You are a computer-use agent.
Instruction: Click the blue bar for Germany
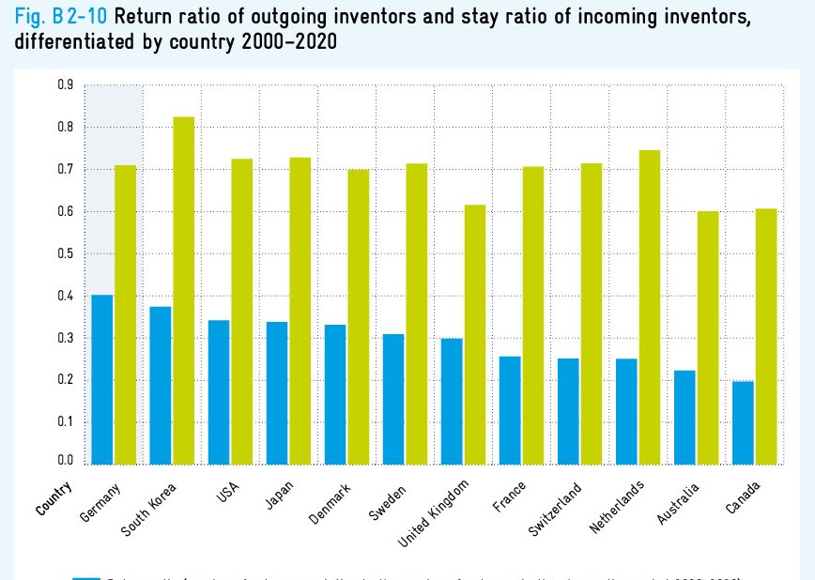pos(101,379)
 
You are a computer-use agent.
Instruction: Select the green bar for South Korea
pos(184,291)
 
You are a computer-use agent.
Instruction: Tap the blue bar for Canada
pos(743,422)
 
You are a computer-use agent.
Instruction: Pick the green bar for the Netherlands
pos(650,307)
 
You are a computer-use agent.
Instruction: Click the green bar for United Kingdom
pos(475,334)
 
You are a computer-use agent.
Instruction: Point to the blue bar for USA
pos(219,392)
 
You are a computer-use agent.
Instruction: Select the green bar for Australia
pos(708,338)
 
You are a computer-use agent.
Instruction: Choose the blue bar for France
pos(510,410)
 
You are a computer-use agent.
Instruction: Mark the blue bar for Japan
pos(277,393)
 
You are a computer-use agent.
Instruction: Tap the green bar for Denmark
pos(359,316)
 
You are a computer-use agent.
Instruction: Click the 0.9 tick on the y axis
pos(65,85)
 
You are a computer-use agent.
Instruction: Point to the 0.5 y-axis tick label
pos(65,253)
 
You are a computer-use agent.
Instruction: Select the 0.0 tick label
pos(65,460)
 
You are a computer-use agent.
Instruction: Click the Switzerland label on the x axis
pos(555,508)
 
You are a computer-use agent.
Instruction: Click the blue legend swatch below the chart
pos(86,576)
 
